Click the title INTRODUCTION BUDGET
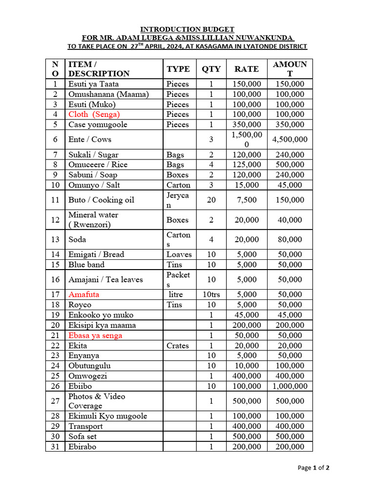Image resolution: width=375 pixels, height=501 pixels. click(187, 29)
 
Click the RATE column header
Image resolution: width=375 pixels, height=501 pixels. click(247, 69)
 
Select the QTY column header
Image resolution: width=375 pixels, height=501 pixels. click(211, 69)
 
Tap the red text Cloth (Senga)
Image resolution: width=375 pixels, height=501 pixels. click(94, 114)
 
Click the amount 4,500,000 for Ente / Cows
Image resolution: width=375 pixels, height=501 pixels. click(290, 139)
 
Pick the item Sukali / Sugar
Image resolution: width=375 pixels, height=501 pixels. click(93, 155)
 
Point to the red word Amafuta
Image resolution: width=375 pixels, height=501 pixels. click(83, 295)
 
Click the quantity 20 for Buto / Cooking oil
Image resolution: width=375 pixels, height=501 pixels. click(211, 200)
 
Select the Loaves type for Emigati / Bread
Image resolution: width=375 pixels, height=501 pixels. click(179, 254)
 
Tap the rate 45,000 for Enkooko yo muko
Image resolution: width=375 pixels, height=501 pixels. click(247, 315)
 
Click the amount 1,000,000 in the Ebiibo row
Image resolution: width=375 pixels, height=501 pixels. click(290, 386)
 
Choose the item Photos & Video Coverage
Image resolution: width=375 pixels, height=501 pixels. click(97, 401)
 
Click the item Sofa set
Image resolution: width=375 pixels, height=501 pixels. click(83, 436)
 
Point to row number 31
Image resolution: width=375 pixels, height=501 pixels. click(55, 447)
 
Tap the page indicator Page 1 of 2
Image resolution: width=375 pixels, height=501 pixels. click(313, 468)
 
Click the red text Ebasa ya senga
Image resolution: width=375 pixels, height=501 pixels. click(95, 336)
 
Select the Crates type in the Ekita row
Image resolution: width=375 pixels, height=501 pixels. click(177, 345)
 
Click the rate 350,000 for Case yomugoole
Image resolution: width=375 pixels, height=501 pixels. click(247, 125)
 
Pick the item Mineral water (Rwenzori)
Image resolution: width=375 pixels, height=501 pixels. click(93, 220)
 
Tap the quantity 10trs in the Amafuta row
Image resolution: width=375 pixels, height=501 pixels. click(211, 295)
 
